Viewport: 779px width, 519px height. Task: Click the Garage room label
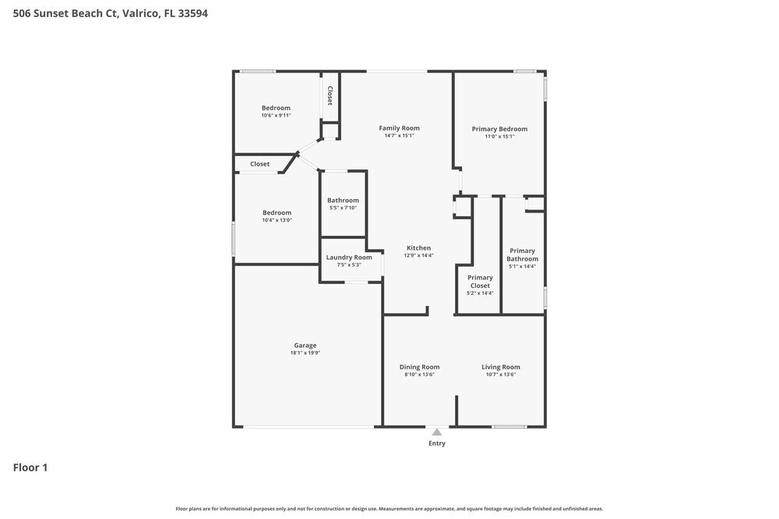tap(305, 345)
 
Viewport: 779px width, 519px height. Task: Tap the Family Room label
tap(399, 128)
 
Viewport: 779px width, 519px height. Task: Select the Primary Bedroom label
tap(499, 129)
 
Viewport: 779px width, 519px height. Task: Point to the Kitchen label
tap(419, 248)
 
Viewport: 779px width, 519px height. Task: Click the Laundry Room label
tap(349, 258)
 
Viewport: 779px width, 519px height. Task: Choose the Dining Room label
tap(419, 367)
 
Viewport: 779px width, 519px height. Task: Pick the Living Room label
tap(501, 367)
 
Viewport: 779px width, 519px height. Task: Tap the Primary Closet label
tap(480, 282)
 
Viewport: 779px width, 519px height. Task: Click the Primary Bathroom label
tap(522, 255)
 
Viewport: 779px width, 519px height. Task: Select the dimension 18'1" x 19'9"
tap(305, 352)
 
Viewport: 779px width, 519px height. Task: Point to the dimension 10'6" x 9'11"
tap(276, 115)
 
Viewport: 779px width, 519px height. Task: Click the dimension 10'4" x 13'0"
tap(277, 219)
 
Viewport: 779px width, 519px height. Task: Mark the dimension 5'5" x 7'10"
tap(343, 208)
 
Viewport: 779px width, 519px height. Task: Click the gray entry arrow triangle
tap(437, 433)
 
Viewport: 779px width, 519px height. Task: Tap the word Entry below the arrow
tap(437, 444)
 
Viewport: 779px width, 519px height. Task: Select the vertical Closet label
tap(330, 96)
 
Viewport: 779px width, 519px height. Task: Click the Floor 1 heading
tap(30, 468)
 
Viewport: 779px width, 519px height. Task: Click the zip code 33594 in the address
tap(192, 13)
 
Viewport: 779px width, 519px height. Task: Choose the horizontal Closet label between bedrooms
tap(260, 163)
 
